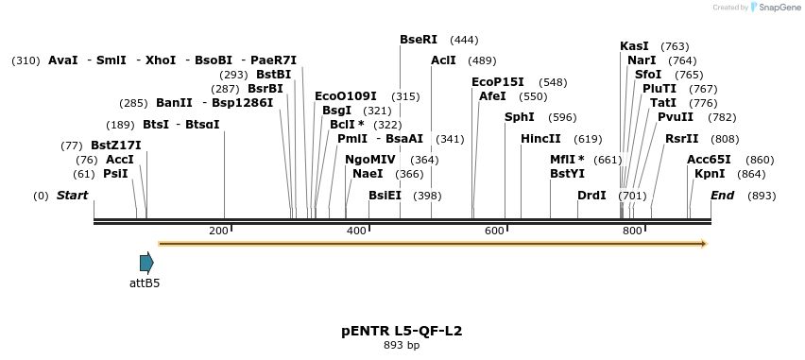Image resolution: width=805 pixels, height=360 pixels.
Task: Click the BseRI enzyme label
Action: (x=419, y=40)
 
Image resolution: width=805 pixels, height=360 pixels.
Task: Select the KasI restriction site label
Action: (x=634, y=46)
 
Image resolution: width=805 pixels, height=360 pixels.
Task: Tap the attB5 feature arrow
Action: (x=146, y=264)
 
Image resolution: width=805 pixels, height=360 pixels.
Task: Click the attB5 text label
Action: (x=145, y=283)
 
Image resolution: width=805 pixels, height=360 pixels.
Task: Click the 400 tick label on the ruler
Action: (x=356, y=231)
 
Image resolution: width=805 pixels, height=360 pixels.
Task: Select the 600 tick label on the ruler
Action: (x=494, y=231)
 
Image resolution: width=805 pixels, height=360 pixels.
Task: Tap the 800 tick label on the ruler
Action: (x=632, y=231)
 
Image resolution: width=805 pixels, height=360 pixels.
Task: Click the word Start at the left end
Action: (x=72, y=196)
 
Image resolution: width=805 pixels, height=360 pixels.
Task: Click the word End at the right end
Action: (x=722, y=196)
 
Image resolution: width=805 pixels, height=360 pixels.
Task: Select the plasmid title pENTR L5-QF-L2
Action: (x=402, y=331)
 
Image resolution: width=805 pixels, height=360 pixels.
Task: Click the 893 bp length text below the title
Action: (x=402, y=345)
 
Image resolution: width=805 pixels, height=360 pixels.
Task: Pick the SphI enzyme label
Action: (x=519, y=117)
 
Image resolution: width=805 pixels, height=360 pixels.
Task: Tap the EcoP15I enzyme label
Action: (x=497, y=82)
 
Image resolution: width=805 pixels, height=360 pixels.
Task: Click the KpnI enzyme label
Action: (x=710, y=174)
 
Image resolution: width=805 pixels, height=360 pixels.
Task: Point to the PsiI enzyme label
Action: (x=115, y=174)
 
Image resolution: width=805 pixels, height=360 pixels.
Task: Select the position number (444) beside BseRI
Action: (x=464, y=40)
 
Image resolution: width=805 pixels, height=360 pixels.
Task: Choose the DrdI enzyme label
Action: (x=591, y=196)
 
